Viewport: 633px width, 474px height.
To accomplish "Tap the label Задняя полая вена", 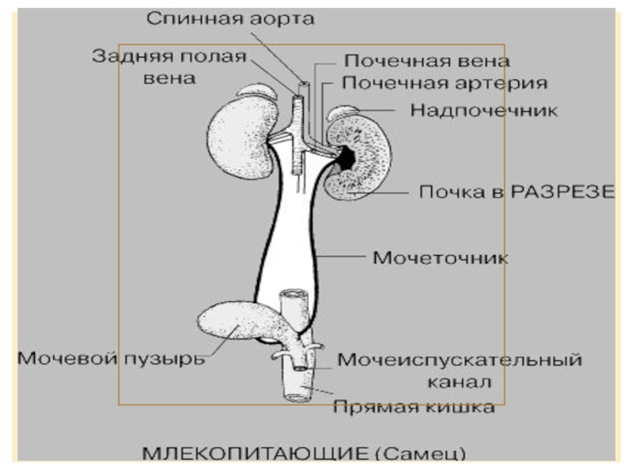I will coord(169,66).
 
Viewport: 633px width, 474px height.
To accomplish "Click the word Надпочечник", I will coord(483,110).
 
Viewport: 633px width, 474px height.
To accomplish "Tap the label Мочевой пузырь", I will coord(111,359).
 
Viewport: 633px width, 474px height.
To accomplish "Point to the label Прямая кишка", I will coord(414,408).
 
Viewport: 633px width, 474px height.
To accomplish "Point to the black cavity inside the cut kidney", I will coord(347,159).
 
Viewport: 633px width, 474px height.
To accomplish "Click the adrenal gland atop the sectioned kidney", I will coord(346,112).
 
